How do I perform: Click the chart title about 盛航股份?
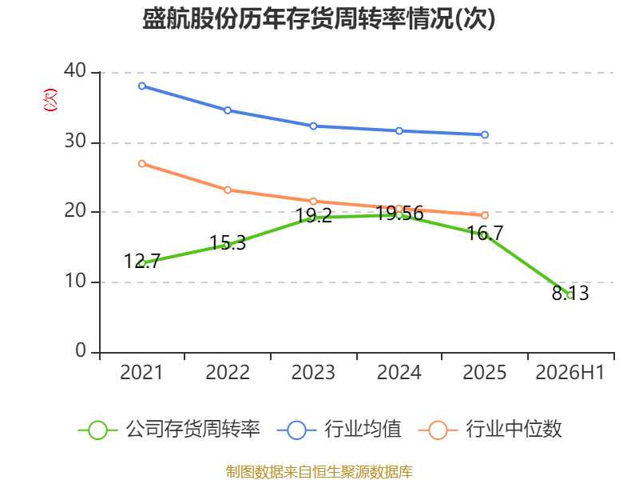319,18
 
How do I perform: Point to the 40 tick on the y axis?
75,71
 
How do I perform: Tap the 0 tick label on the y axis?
81,351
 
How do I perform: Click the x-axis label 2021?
141,373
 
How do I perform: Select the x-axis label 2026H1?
570,373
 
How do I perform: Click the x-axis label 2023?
313,373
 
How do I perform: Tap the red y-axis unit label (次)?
50,100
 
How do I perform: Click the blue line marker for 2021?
142,86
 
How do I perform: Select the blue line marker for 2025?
485,134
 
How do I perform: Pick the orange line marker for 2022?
228,190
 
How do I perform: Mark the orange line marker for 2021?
142,164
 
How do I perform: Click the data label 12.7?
142,262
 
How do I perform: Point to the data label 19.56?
399,214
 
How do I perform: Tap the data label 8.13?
570,293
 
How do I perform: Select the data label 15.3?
228,243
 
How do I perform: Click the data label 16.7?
485,233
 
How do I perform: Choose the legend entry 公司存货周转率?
169,430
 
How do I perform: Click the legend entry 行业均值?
339,430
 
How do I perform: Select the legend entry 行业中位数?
490,430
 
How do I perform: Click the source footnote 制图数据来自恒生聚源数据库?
319,472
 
